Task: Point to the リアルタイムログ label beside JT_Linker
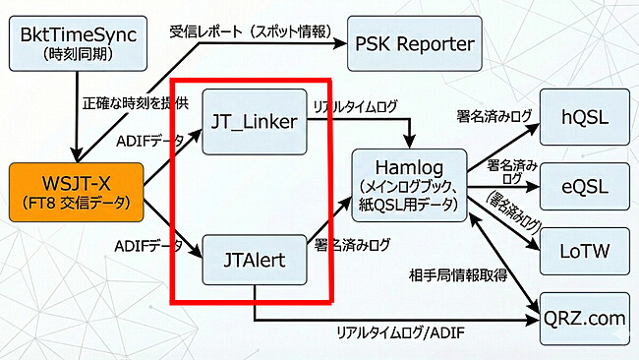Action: tap(354, 104)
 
